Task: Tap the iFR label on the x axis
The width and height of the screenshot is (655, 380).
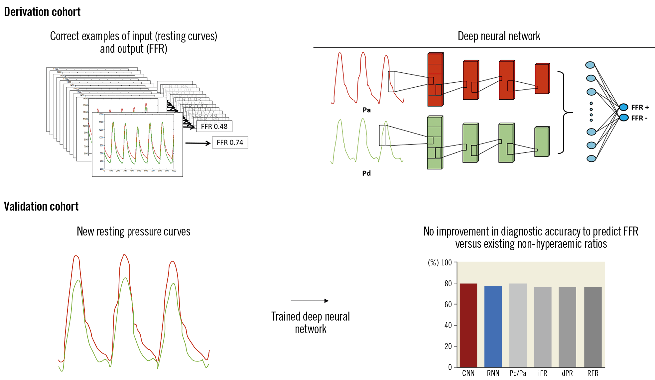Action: click(x=543, y=373)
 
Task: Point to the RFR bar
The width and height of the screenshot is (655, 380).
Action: click(x=592, y=327)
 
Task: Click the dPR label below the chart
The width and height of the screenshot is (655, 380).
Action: click(x=567, y=373)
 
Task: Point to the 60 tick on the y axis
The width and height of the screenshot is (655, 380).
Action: click(x=448, y=304)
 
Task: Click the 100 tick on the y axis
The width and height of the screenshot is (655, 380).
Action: click(x=447, y=263)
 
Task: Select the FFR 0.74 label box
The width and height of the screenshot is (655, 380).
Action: click(x=230, y=142)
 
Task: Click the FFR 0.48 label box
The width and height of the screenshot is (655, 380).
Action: click(x=214, y=127)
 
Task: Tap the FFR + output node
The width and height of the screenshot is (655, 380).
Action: click(x=623, y=107)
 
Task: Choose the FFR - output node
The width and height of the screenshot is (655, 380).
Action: click(x=623, y=118)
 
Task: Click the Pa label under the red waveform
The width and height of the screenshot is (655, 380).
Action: click(x=366, y=110)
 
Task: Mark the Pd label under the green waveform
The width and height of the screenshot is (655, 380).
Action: click(x=366, y=173)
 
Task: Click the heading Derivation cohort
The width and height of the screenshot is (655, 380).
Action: click(x=42, y=12)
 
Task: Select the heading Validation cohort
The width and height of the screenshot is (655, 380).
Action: click(x=41, y=207)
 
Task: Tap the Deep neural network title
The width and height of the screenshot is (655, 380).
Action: click(x=499, y=36)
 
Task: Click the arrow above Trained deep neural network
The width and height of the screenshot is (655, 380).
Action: click(x=310, y=301)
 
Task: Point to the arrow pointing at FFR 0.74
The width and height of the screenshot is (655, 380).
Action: click(x=198, y=143)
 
